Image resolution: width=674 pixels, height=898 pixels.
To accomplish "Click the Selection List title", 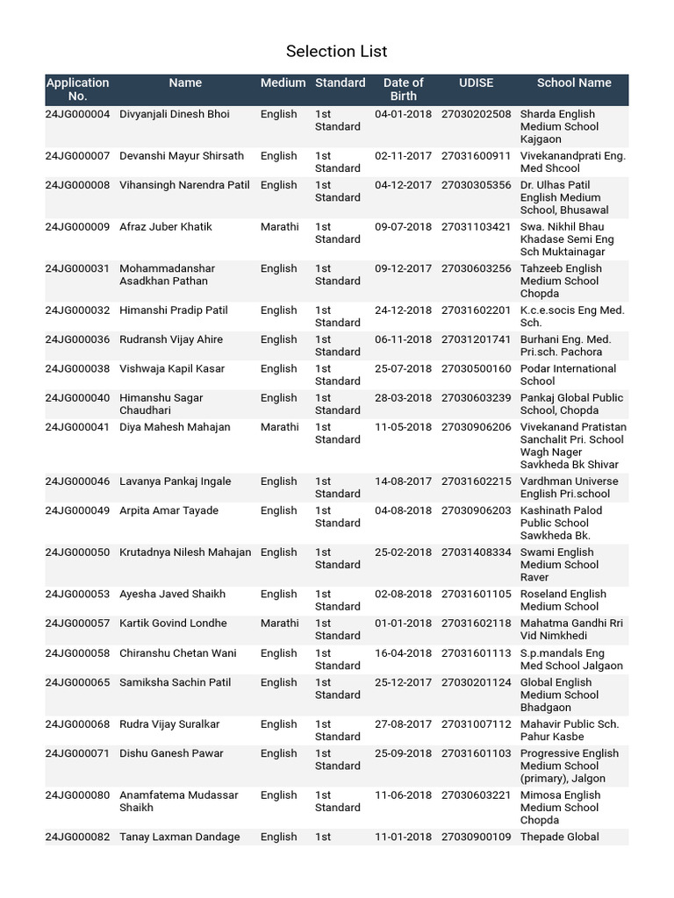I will [x=337, y=51].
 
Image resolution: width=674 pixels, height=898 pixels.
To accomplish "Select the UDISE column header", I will [x=476, y=83].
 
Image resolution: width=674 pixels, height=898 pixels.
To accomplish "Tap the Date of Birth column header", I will [x=403, y=89].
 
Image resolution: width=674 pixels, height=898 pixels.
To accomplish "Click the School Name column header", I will [x=574, y=83].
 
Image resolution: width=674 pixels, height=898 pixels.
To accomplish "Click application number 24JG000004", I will [x=77, y=114].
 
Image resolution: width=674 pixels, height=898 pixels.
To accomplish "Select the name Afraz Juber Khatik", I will [x=168, y=227].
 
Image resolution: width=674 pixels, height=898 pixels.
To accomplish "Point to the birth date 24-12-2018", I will [x=403, y=310].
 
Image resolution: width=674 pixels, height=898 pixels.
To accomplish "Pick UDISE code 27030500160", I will [x=476, y=369].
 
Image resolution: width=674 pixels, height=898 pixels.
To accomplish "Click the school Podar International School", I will [x=568, y=375].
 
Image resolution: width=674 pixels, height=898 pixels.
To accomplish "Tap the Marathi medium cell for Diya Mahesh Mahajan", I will [x=279, y=428].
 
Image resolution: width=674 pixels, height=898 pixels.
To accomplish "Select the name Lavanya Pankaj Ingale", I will [x=176, y=481].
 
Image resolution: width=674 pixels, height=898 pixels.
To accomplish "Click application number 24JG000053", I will [x=77, y=595].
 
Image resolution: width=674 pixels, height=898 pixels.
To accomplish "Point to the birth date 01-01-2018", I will [x=403, y=624].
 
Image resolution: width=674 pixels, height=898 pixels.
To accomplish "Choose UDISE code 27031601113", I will [x=476, y=653].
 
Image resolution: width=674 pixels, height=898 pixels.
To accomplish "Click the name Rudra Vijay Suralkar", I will [x=169, y=724].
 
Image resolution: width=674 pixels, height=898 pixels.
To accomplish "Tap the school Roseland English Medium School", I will [x=563, y=601].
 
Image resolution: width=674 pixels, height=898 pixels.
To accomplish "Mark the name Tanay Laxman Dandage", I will [x=179, y=837].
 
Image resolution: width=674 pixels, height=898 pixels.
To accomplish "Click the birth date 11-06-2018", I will [x=403, y=795].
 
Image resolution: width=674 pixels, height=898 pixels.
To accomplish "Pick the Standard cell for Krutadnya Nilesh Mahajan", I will [x=337, y=559].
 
